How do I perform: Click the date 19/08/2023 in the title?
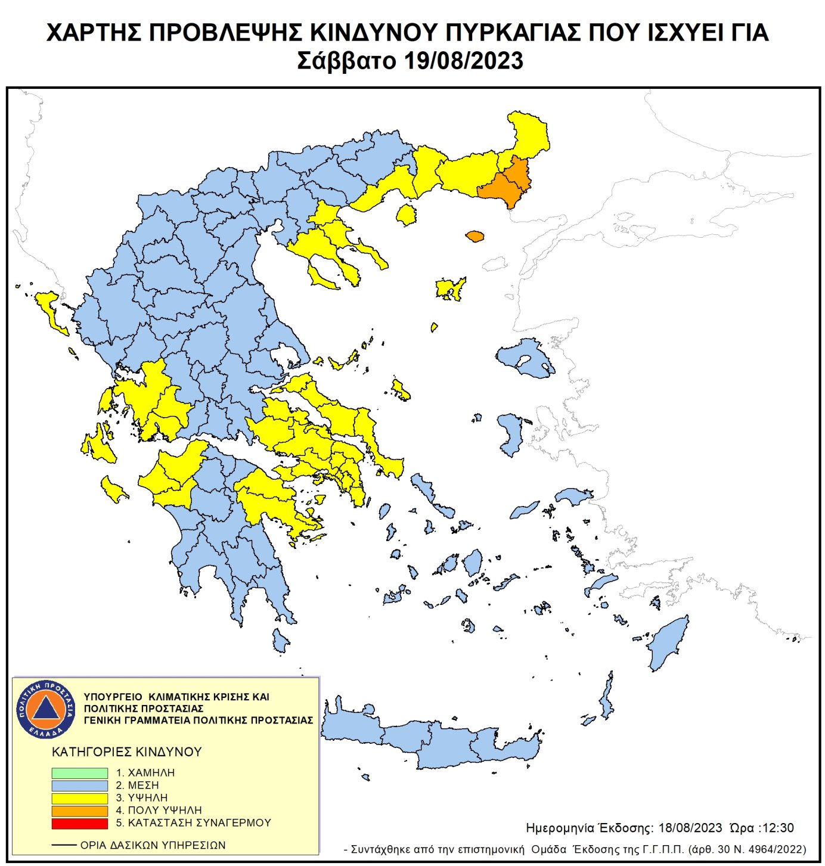pyautogui.click(x=463, y=61)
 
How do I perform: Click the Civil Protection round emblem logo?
pyautogui.click(x=46, y=709)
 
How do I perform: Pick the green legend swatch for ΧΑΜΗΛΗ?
pyautogui.click(x=79, y=772)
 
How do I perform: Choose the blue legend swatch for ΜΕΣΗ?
pyautogui.click(x=79, y=786)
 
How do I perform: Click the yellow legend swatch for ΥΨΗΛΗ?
pyautogui.click(x=79, y=798)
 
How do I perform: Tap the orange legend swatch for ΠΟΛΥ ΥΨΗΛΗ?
pyautogui.click(x=79, y=811)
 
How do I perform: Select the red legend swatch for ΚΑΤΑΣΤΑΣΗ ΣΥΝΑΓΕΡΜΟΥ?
pyautogui.click(x=79, y=823)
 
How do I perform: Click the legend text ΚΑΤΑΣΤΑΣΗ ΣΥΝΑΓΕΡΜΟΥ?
pyautogui.click(x=199, y=822)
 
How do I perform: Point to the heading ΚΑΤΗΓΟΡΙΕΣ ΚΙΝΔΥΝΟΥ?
pyautogui.click(x=126, y=752)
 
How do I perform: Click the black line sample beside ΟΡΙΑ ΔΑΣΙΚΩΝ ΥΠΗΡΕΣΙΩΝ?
pyautogui.click(x=64, y=845)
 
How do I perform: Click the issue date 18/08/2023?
pyautogui.click(x=690, y=828)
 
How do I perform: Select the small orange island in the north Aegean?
pyautogui.click(x=474, y=237)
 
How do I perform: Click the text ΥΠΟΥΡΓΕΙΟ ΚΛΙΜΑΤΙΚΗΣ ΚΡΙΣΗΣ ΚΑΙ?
pyautogui.click(x=176, y=697)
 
